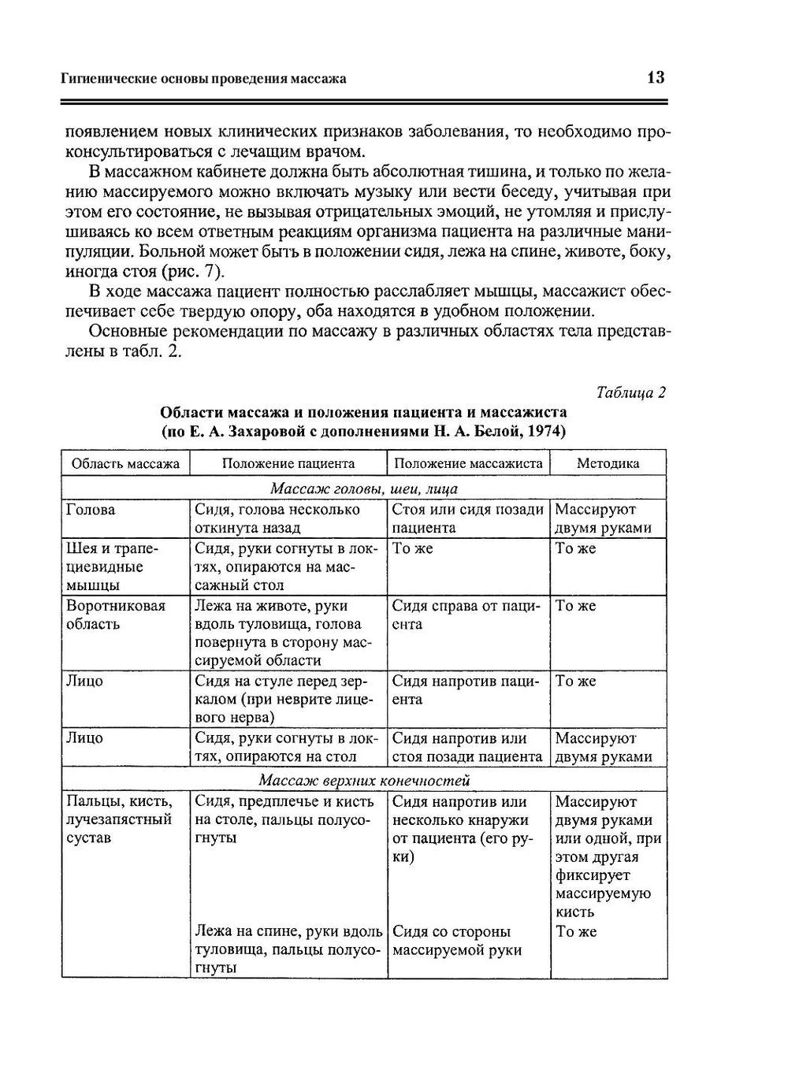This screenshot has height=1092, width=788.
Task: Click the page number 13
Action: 656,77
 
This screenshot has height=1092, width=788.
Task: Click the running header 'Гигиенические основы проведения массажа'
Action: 204,79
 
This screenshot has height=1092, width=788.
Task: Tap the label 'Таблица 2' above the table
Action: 631,392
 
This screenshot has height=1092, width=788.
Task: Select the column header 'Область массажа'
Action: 125,463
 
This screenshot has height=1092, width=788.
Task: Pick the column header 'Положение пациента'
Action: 288,463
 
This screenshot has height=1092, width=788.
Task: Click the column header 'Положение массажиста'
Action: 468,463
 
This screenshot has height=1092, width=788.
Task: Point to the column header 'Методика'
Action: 608,463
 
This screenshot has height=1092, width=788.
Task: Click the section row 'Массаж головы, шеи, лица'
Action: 363,488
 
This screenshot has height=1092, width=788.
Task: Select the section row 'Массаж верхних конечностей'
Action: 363,781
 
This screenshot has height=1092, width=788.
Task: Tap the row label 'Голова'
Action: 91,510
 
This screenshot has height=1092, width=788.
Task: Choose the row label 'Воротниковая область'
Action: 115,615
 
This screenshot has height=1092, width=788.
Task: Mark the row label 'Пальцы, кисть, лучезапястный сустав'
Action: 119,819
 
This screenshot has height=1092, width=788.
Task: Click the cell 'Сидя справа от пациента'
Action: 465,615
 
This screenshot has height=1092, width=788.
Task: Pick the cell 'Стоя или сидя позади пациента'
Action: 467,518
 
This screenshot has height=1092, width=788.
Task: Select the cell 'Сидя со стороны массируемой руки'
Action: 457,941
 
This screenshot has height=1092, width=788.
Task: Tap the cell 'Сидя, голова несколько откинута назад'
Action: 277,518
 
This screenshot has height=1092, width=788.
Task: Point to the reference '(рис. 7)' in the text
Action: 194,273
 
